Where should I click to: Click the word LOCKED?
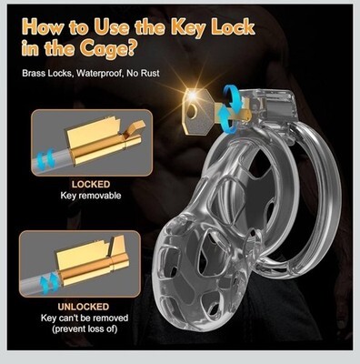click(x=91, y=185)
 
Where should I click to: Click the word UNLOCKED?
click(x=84, y=307)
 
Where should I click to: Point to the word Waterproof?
click(x=100, y=74)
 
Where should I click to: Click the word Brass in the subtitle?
click(x=35, y=74)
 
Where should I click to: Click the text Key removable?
click(x=91, y=196)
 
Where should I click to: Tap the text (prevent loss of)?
click(x=85, y=329)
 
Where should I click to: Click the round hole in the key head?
click(x=192, y=112)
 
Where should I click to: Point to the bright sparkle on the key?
click(x=192, y=95)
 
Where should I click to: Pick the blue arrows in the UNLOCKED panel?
click(x=50, y=281)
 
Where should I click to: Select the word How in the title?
click(x=43, y=28)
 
